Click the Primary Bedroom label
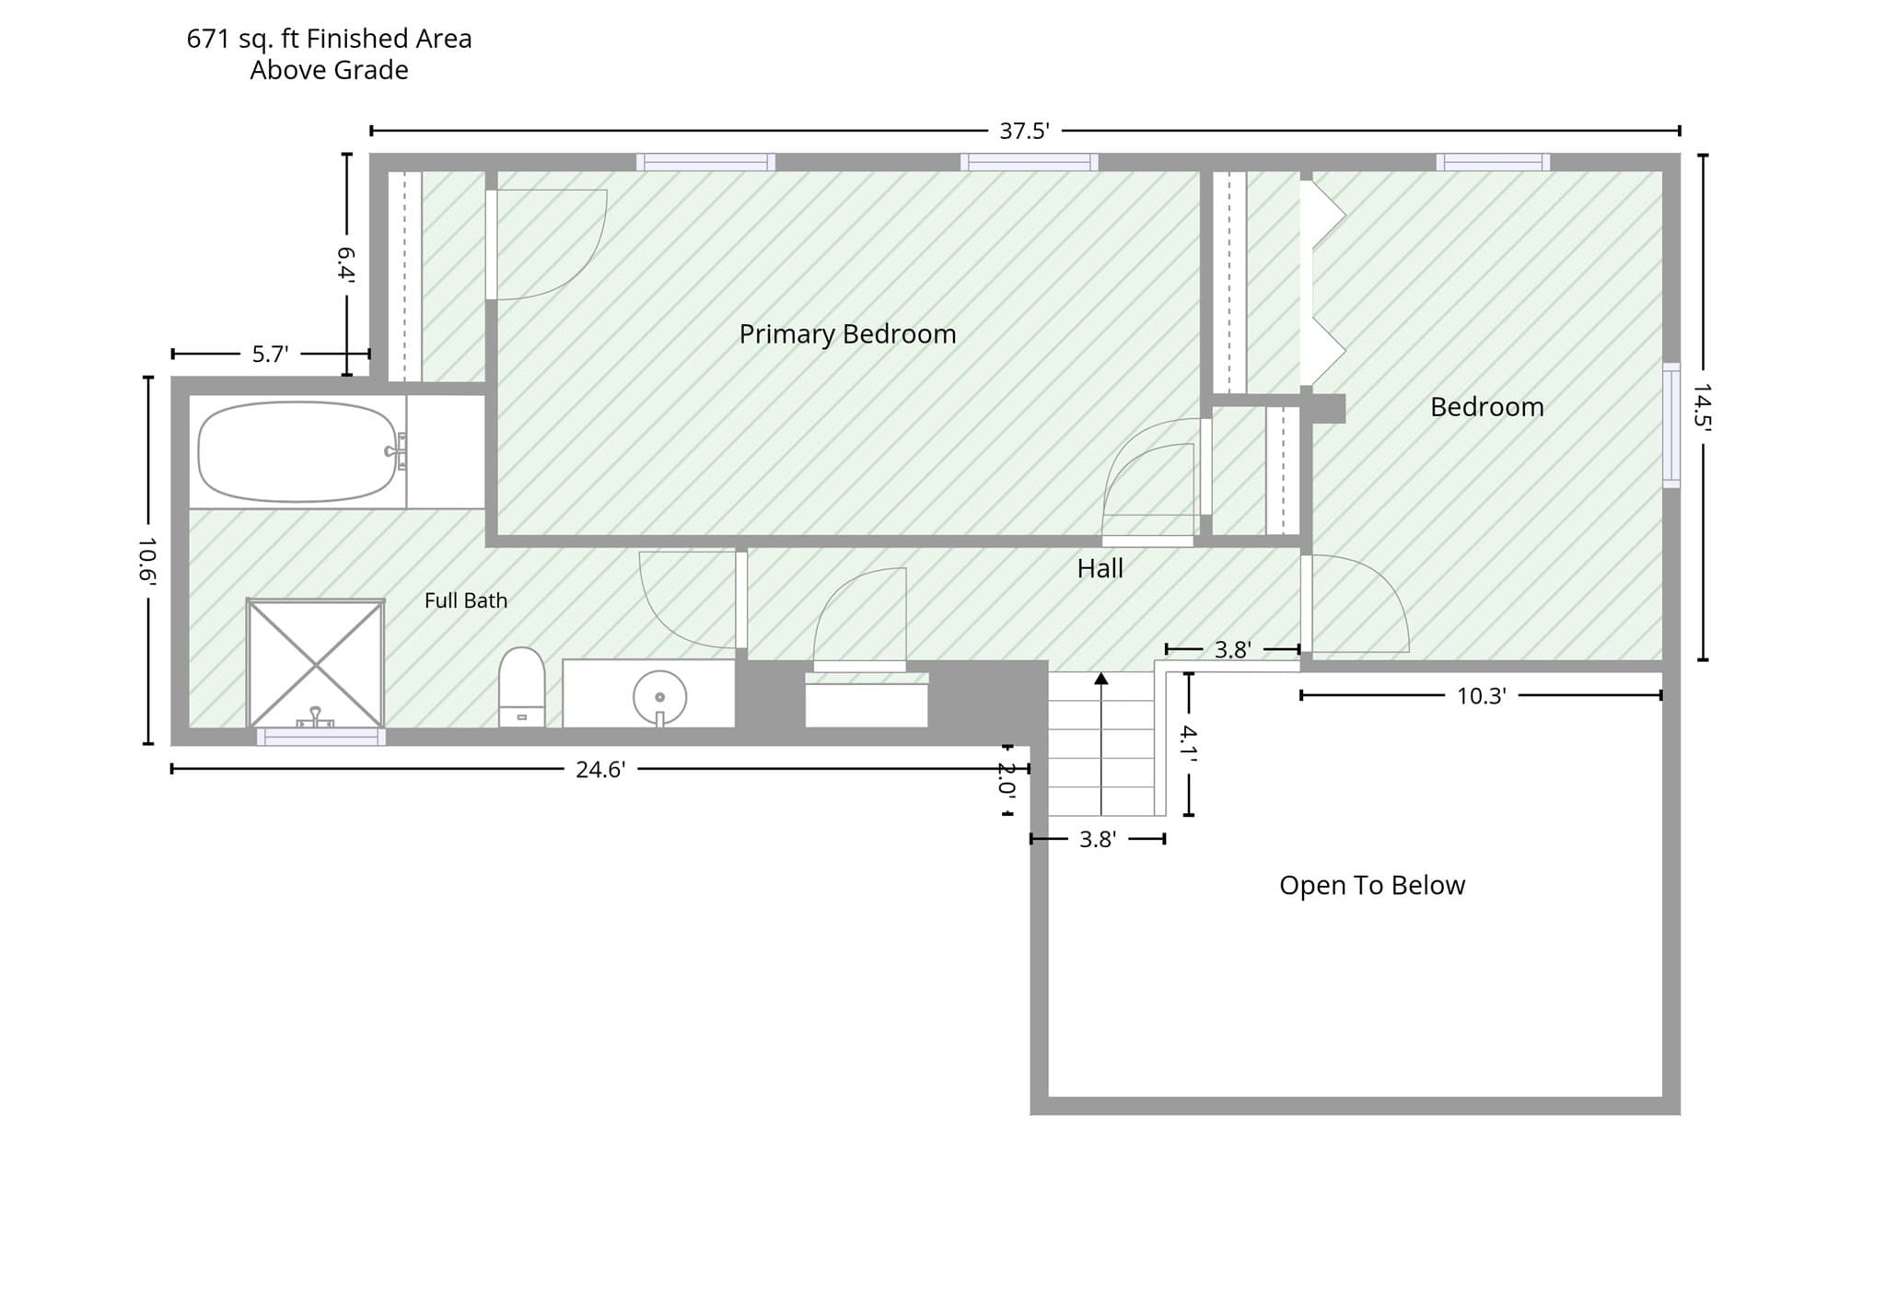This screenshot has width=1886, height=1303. point(847,334)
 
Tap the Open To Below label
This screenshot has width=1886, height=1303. point(1372,885)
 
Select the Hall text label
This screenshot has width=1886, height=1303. point(1100,568)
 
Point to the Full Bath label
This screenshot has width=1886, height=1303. point(466,600)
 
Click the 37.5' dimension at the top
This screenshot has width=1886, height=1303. point(1024,131)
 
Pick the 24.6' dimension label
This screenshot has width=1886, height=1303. point(600,769)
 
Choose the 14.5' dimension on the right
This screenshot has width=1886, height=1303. point(1702,406)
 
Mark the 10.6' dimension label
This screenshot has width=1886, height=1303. point(147,561)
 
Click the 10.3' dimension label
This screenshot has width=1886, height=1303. point(1481,695)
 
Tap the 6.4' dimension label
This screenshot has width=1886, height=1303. point(346,262)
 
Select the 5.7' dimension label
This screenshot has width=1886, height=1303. point(270,354)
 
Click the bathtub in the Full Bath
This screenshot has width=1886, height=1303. point(297,451)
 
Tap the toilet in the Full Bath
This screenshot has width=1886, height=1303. point(521,687)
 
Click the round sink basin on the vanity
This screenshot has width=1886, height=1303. point(659,697)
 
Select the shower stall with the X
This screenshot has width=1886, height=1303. point(315,663)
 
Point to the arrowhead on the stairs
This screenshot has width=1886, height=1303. point(1100,679)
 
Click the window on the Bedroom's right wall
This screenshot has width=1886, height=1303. point(1671,425)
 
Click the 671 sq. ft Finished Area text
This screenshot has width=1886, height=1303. point(329,39)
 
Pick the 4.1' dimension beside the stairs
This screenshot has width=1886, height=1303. point(1189,744)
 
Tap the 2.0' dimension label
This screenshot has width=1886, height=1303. point(1007,780)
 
